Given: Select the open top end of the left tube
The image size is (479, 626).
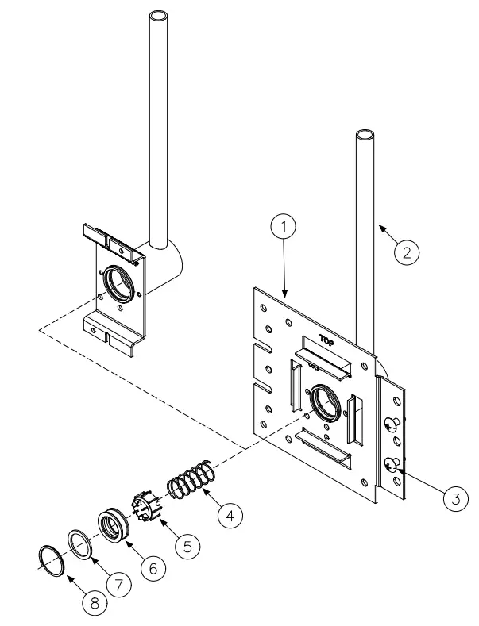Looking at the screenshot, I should pos(159,17).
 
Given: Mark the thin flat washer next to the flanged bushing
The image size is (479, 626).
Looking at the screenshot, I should pos(79,542).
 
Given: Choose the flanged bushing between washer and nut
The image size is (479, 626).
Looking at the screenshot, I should pos(115,527).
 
